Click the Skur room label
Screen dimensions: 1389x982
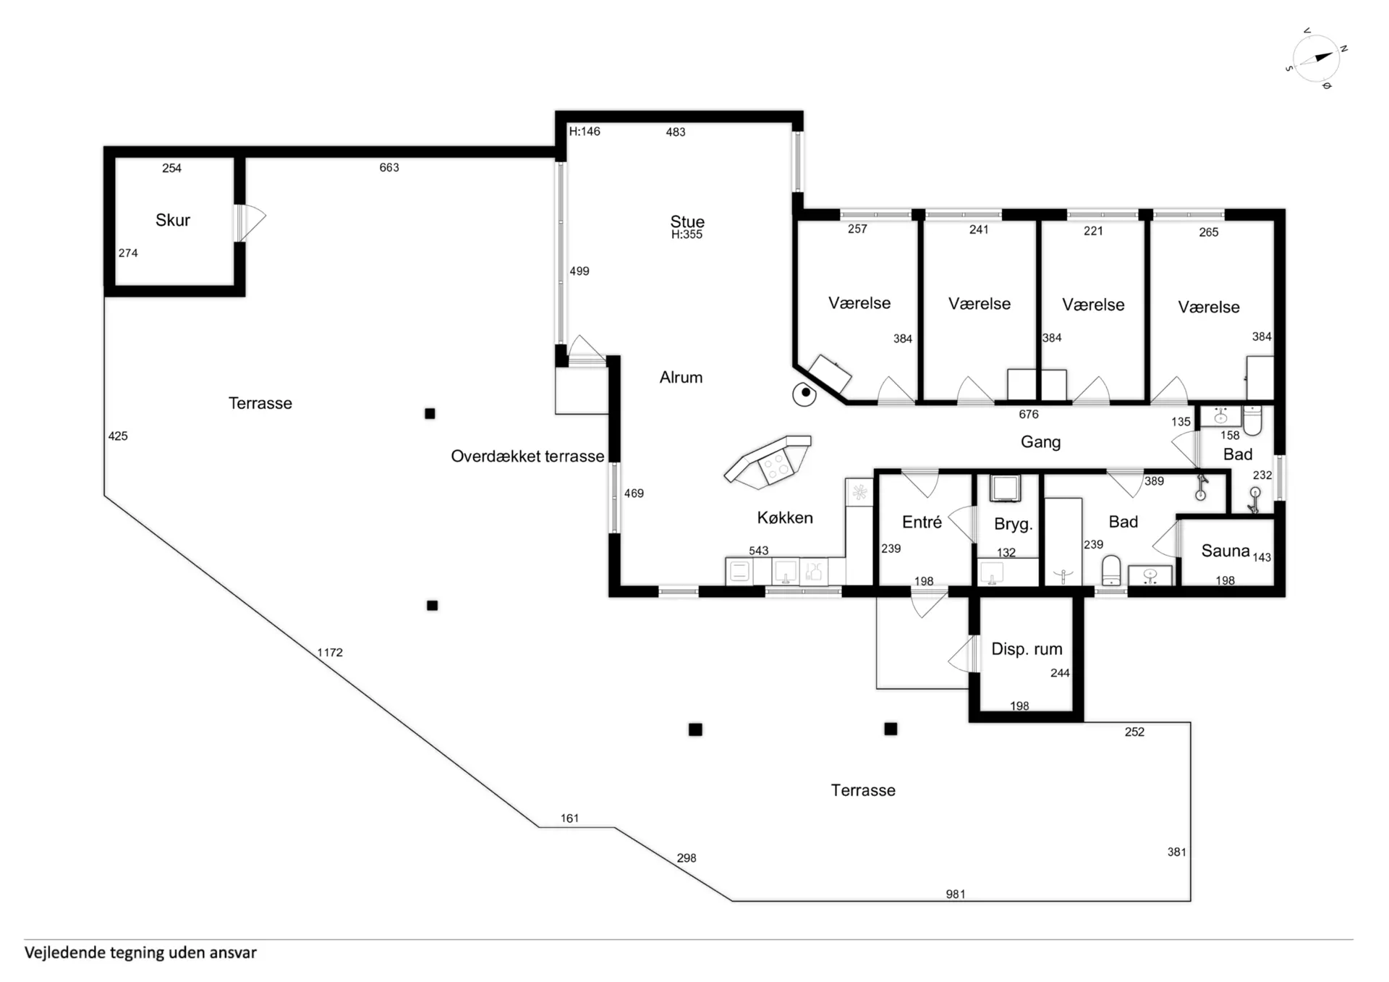point(173,220)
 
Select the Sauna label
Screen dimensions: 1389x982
point(1226,551)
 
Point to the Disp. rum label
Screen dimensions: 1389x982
point(1027,649)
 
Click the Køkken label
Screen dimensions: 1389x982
point(785,517)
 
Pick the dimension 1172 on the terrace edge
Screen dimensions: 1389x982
point(330,652)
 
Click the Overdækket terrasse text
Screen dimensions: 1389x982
point(527,456)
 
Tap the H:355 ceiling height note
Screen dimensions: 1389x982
point(687,234)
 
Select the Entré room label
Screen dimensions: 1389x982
point(922,522)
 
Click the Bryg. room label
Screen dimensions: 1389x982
point(1013,525)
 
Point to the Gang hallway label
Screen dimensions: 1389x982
point(1040,442)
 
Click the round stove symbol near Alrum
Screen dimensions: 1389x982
point(804,394)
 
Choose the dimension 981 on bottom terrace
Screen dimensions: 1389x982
point(956,894)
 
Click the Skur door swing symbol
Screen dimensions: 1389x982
point(250,222)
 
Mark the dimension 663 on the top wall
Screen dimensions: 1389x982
point(389,167)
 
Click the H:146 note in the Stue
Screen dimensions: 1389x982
point(585,132)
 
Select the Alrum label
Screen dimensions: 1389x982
point(681,377)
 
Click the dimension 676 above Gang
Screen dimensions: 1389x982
point(1029,414)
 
